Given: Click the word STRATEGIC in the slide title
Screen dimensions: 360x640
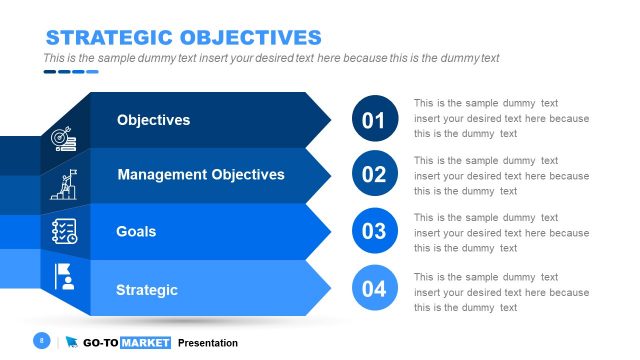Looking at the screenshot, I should coord(106,38).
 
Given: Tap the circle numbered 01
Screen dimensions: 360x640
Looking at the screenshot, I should coord(374,120).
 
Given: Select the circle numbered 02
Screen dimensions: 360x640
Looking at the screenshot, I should coord(374,175).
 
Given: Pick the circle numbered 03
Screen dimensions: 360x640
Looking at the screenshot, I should coord(374,232).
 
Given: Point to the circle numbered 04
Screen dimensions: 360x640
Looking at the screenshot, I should coord(374,290).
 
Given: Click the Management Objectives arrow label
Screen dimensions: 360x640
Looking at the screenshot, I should coord(201,175).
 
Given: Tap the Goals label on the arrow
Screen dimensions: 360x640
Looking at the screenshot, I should coord(136,232).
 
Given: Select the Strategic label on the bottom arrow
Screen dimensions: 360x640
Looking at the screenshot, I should coord(147,290).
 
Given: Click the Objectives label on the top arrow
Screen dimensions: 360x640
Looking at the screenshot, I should coord(153,120).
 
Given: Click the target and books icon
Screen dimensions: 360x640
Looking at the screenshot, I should coord(64,139).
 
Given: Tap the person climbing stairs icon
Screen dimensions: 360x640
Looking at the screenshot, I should coord(64,185).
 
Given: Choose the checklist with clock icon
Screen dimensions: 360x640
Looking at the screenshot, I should coord(64,231).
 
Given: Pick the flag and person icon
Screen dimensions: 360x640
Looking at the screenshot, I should coord(64,275).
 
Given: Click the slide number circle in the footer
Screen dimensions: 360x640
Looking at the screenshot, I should coord(42,341).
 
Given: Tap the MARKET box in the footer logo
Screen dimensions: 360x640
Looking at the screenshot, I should coord(146,343).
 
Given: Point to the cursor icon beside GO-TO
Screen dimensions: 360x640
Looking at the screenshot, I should coord(72,343).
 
